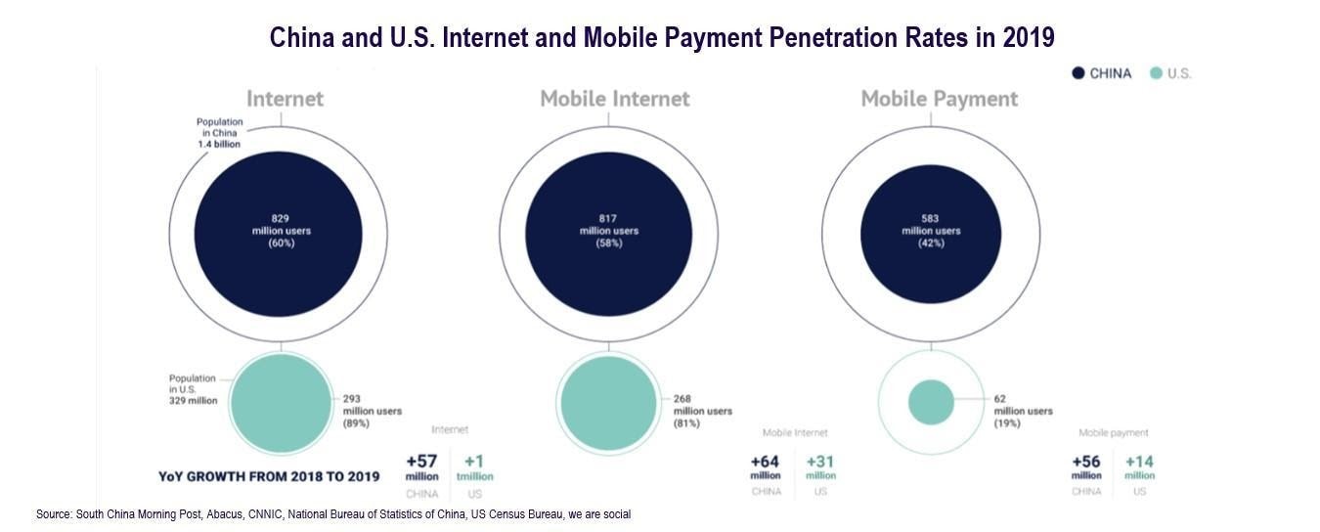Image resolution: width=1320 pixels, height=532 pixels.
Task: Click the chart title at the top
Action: click(662, 37)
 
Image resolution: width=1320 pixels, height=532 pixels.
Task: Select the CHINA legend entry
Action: click(1102, 73)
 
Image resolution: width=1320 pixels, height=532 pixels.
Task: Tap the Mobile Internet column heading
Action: click(615, 99)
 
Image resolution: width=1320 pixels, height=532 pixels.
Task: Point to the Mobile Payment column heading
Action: click(939, 99)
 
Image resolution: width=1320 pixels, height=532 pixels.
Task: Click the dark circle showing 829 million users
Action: click(281, 233)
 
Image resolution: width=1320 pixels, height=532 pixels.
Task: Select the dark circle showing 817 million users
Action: click(608, 233)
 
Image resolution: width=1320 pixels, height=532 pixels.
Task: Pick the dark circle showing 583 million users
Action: click(930, 233)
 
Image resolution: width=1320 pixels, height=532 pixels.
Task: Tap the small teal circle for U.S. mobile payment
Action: click(930, 403)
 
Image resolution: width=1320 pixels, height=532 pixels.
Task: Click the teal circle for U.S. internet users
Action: click(281, 403)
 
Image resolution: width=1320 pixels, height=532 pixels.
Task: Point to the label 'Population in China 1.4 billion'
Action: click(219, 133)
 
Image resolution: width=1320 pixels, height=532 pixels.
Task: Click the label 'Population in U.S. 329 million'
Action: click(193, 389)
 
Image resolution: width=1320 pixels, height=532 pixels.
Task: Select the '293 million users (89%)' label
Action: click(372, 411)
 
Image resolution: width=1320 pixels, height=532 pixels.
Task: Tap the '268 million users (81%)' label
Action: click(702, 411)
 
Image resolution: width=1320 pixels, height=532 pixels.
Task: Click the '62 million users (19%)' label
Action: click(1023, 411)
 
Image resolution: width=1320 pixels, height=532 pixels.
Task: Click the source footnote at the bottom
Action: click(332, 514)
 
